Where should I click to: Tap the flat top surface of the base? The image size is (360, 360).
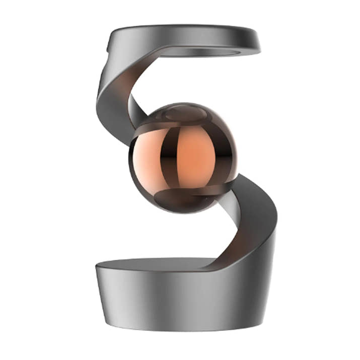(151, 264)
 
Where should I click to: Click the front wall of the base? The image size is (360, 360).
(176, 302)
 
